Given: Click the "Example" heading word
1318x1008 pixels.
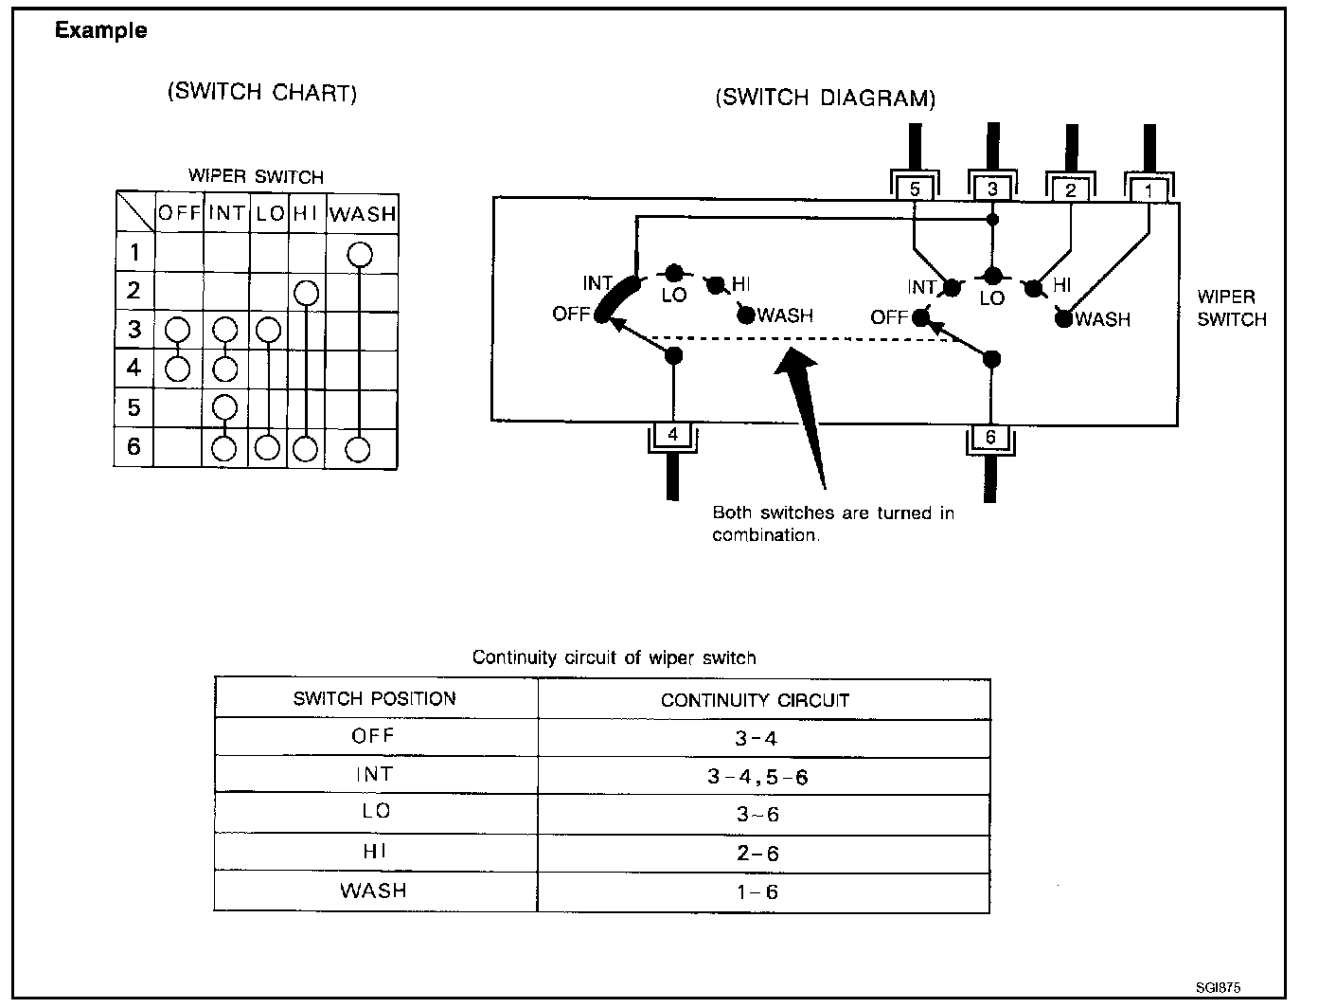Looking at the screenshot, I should [x=100, y=30].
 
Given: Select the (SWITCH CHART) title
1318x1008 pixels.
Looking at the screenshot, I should [x=262, y=92].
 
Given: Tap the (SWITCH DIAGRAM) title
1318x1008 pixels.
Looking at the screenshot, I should [x=826, y=98].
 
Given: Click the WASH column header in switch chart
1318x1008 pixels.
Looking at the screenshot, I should [x=363, y=213].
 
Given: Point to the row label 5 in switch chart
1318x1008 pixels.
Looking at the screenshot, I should [x=134, y=407].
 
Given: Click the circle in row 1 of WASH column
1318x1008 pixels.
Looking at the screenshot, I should [x=360, y=254].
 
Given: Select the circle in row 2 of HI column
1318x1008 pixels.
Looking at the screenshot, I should [x=306, y=293].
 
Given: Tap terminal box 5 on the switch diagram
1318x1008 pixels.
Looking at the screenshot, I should [x=915, y=189].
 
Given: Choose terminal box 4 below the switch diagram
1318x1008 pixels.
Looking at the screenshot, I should [x=673, y=435].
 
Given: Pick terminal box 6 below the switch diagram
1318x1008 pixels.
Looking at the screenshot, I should [x=990, y=437].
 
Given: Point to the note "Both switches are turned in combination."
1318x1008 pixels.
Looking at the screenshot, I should [x=833, y=524].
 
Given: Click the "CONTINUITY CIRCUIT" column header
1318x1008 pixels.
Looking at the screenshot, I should [x=755, y=700].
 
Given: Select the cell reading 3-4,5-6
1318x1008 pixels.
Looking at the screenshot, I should [x=757, y=777].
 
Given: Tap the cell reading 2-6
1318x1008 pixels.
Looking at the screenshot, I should [x=757, y=854].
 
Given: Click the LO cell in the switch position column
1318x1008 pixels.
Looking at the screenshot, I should [x=375, y=812].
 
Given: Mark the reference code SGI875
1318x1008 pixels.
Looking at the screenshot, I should [x=1217, y=986].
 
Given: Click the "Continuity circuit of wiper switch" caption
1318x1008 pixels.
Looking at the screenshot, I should [x=614, y=657].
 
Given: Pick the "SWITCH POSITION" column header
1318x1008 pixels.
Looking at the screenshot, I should [x=374, y=699].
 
